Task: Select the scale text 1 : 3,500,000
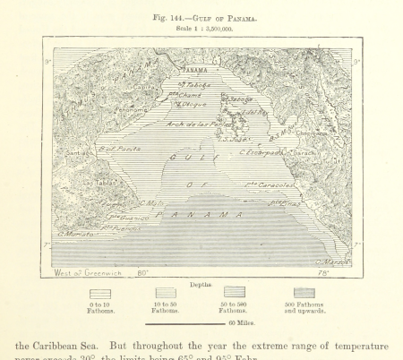point(201,28)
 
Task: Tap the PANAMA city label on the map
point(194,69)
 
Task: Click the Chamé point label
point(189,94)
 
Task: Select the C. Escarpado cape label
point(258,152)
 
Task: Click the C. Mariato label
point(76,234)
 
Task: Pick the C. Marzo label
point(331,261)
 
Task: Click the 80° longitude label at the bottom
point(141,272)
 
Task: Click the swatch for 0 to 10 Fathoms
point(100,293)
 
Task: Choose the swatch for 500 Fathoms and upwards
point(304,293)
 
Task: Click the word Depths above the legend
point(201,283)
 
